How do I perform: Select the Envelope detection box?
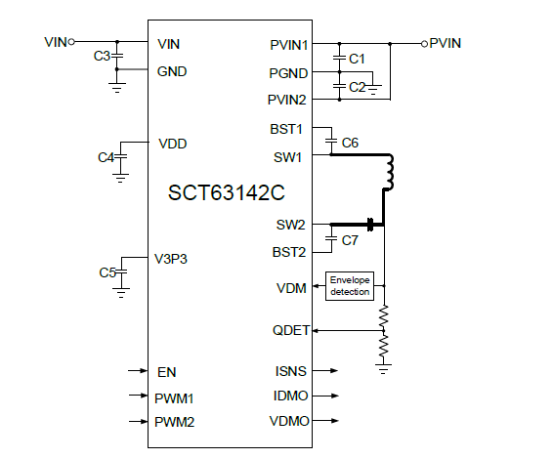[x=349, y=285]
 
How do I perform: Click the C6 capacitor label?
[x=350, y=143]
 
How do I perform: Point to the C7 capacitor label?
[x=350, y=239]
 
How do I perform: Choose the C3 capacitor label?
[x=101, y=57]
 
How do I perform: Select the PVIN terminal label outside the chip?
[x=446, y=43]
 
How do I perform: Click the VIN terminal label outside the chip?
[x=55, y=42]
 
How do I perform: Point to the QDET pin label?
[x=290, y=330]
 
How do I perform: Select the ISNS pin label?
[x=292, y=371]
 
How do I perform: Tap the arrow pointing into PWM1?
[x=139, y=396]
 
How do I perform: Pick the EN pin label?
[x=166, y=372]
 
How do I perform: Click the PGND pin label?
[x=290, y=72]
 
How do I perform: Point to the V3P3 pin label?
[x=173, y=259]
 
